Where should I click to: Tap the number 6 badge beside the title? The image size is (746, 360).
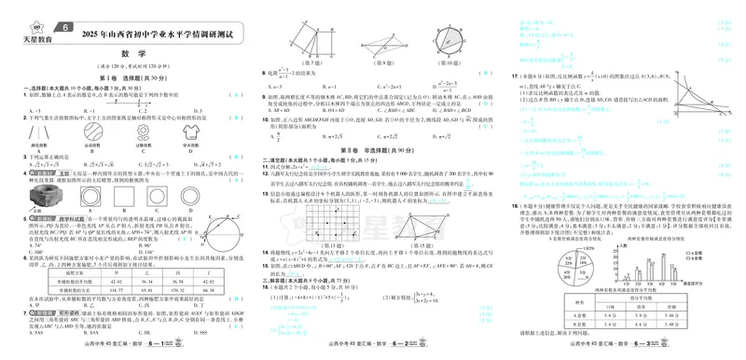(x=66, y=26)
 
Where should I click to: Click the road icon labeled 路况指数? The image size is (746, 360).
(x=38, y=133)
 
